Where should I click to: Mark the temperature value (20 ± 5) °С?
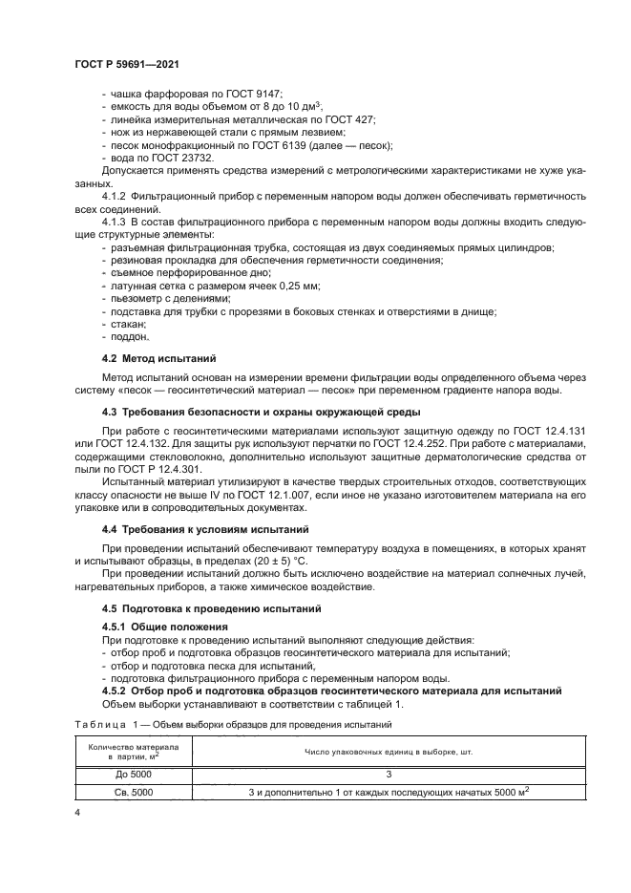264,561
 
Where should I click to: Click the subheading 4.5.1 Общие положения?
160,627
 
